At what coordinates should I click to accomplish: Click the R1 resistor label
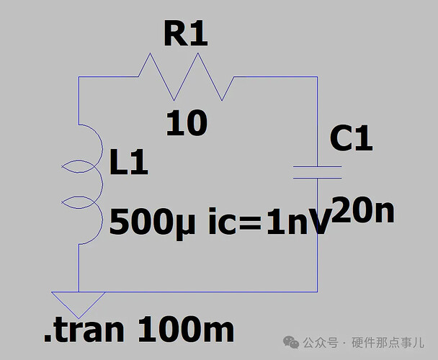pos(185,33)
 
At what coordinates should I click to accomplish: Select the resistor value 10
pos(186,124)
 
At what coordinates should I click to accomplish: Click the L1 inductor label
pos(129,164)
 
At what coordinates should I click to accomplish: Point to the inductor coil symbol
pos(84,184)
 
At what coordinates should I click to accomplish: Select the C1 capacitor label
pos(351,138)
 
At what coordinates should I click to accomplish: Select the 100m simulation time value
pos(186,330)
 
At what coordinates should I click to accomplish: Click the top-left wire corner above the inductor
pos(78,78)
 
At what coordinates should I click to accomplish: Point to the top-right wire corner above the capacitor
pos(318,78)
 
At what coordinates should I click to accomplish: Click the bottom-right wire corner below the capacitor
pos(318,291)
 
